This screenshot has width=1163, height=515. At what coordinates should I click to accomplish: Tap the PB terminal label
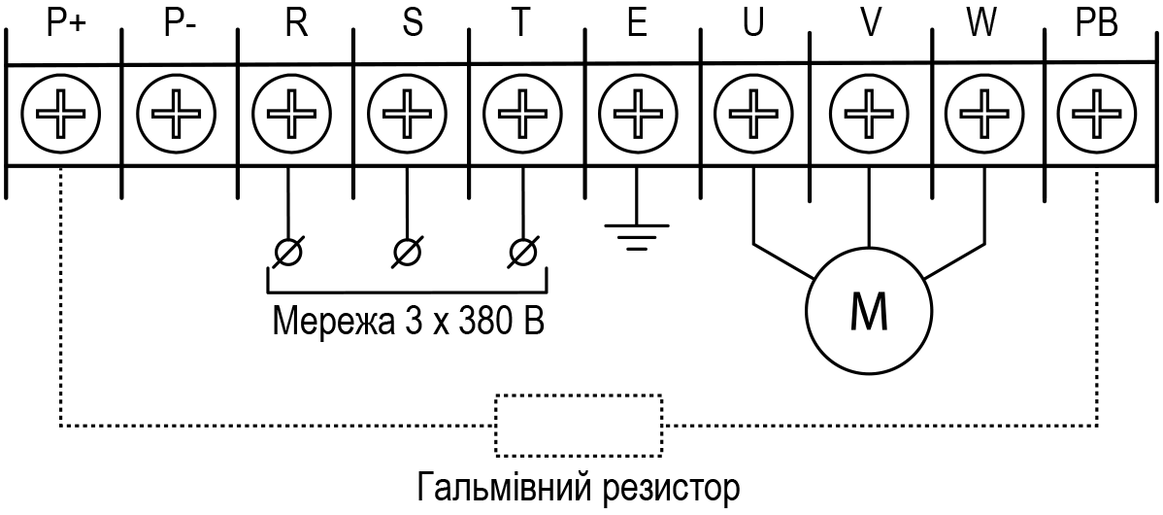pos(1098,25)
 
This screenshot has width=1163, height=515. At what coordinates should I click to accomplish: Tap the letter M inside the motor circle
pos(869,313)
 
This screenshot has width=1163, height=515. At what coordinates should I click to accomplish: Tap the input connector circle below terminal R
pos(287,253)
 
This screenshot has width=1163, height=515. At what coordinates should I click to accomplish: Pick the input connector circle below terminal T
pos(523,253)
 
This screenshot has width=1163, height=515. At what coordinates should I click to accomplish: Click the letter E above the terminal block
pos(637,25)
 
